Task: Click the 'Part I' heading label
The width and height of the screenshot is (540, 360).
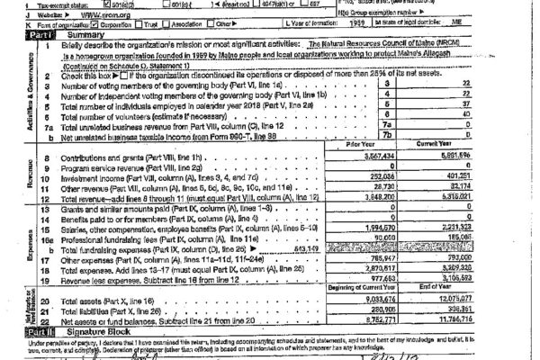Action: pos(15,35)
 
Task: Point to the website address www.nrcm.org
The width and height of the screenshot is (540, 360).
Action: pos(94,15)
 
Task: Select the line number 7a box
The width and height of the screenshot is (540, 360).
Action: pos(389,127)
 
